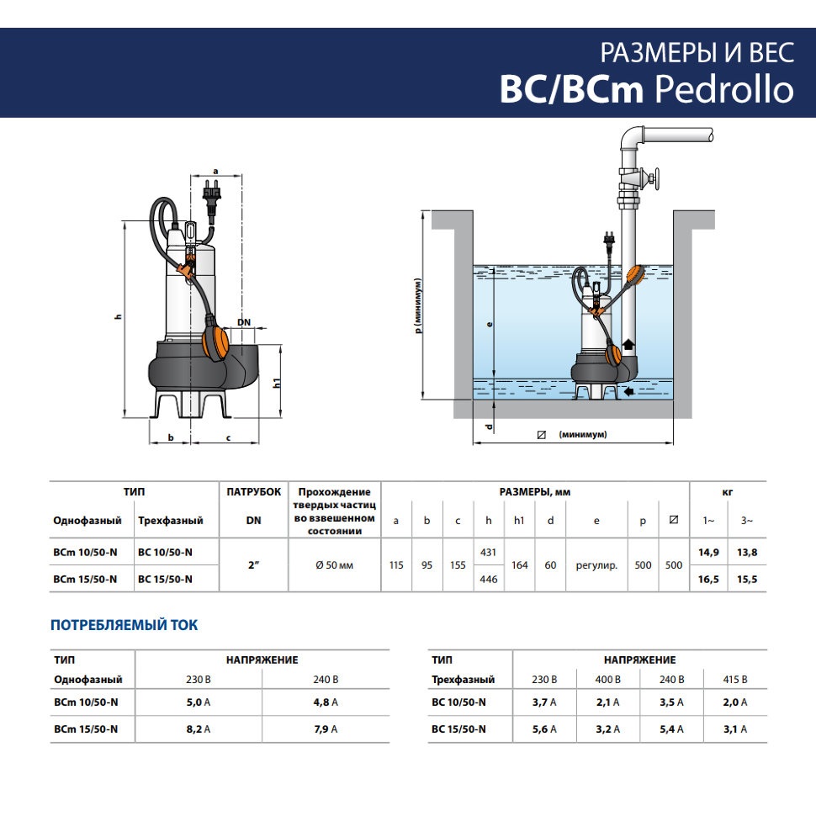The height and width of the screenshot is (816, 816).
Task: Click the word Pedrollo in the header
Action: (x=724, y=89)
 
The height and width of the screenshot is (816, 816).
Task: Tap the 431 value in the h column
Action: (x=488, y=552)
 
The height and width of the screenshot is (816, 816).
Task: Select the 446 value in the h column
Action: (x=488, y=580)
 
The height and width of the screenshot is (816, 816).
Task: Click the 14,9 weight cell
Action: (x=708, y=553)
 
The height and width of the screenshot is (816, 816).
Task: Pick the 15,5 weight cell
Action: (x=747, y=580)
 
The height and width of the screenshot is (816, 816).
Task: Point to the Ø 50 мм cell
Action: (x=334, y=565)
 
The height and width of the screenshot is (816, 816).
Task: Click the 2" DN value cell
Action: (x=253, y=565)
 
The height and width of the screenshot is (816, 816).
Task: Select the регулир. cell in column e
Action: (x=596, y=565)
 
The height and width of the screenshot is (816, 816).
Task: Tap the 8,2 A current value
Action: (x=199, y=729)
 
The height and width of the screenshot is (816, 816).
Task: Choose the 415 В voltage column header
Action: (x=734, y=680)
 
